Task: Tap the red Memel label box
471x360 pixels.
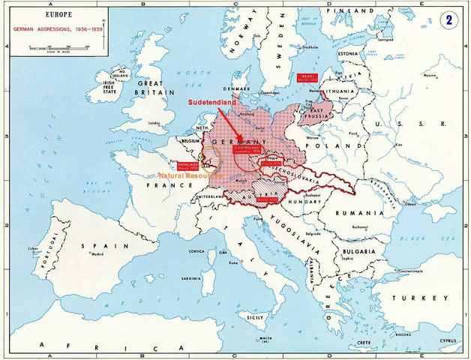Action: click(308, 76)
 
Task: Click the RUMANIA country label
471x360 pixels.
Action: click(360, 212)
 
